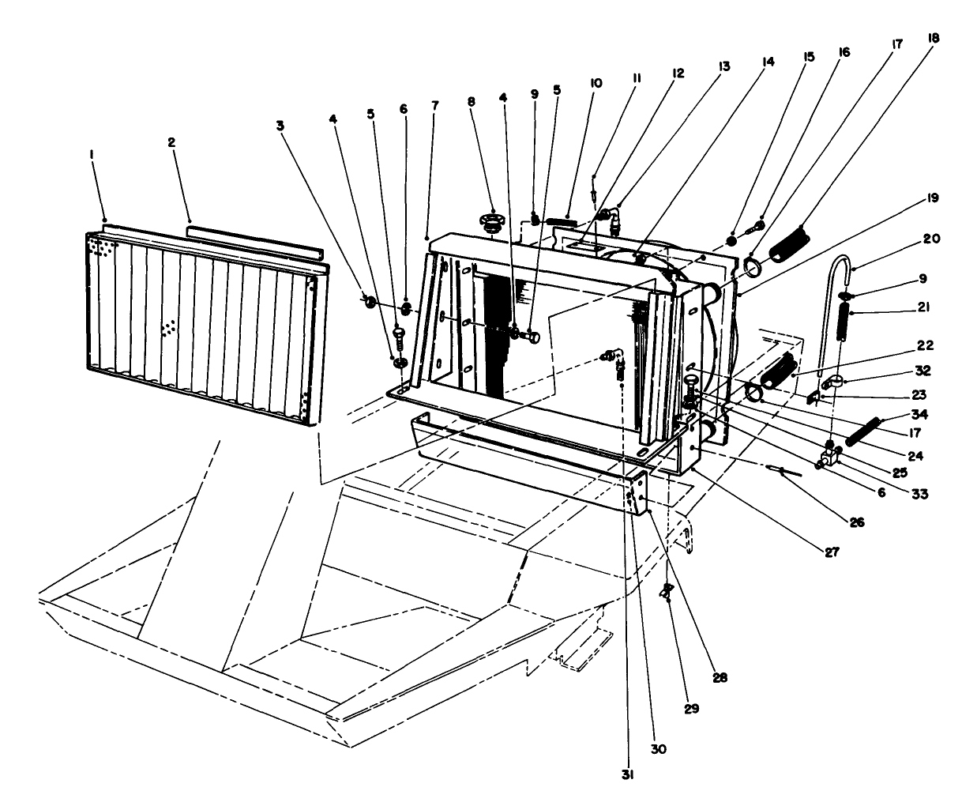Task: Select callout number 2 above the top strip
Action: pyautogui.click(x=171, y=142)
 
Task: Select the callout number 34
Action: pyautogui.click(x=918, y=413)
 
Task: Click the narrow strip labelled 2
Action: pyautogui.click(x=255, y=242)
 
